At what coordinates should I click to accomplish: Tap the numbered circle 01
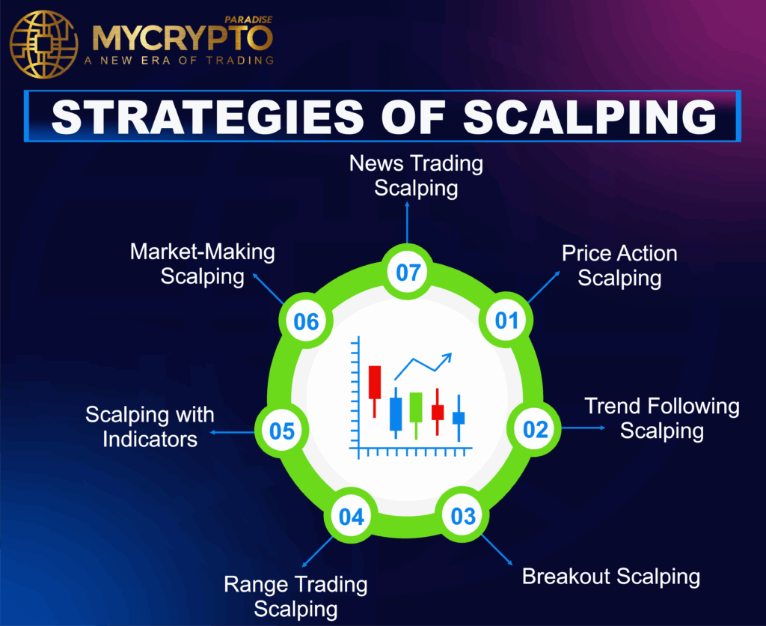tap(506, 321)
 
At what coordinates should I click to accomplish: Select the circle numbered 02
tap(536, 430)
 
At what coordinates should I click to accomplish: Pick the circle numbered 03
tap(463, 516)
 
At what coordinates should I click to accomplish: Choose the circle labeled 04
tap(351, 517)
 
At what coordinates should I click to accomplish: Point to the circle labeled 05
tap(282, 431)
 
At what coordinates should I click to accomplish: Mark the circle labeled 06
tap(306, 322)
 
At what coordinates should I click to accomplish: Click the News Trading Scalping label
tap(416, 174)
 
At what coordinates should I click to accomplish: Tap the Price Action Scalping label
tap(619, 265)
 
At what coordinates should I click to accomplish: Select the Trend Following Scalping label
tap(662, 419)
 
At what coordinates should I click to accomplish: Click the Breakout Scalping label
tap(611, 577)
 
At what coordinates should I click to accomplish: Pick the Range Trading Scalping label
tap(296, 596)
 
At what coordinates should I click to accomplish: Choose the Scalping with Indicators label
tap(150, 426)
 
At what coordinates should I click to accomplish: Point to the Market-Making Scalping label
tap(203, 264)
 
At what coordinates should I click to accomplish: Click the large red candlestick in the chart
tap(375, 383)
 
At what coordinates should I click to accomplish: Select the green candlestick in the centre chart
tap(416, 407)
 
